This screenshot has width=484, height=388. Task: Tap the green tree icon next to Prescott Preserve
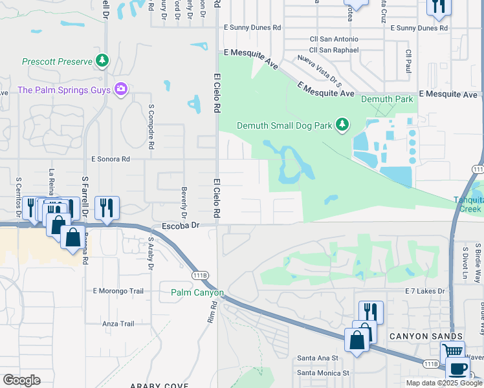pyautogui.click(x=102, y=61)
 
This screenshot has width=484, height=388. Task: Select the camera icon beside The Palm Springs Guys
pyautogui.click(x=120, y=89)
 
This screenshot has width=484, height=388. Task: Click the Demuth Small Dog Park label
pyautogui.click(x=285, y=125)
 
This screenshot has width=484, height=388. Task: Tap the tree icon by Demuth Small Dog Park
pyautogui.click(x=343, y=125)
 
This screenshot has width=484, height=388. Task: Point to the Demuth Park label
pyautogui.click(x=387, y=100)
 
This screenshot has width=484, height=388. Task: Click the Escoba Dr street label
pyautogui.click(x=179, y=226)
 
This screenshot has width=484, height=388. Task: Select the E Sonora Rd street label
pyautogui.click(x=111, y=158)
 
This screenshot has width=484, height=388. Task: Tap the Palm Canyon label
pyautogui.click(x=197, y=293)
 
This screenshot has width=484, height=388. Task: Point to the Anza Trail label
pyautogui.click(x=118, y=323)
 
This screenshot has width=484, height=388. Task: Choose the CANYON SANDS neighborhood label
pyautogui.click(x=426, y=336)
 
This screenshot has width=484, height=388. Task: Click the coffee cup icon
pyautogui.click(x=458, y=369)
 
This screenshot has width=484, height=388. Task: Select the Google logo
pyautogui.click(x=21, y=380)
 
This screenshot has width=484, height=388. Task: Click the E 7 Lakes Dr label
pyautogui.click(x=426, y=292)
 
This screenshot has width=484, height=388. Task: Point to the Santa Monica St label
pyautogui.click(x=323, y=373)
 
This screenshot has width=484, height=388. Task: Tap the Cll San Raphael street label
pyautogui.click(x=333, y=50)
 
